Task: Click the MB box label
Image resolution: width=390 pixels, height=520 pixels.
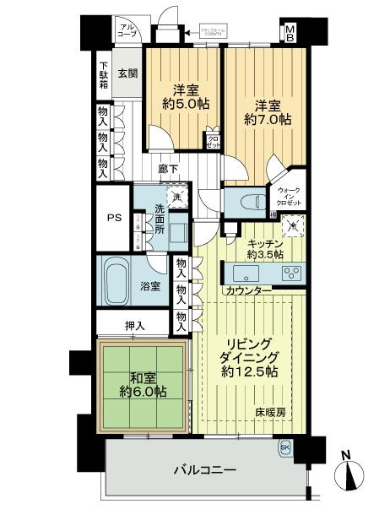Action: (290, 34)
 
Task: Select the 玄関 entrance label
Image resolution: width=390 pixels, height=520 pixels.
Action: (127, 73)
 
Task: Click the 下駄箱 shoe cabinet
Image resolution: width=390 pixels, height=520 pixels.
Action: (103, 76)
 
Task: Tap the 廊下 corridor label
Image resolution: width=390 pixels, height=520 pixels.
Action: (167, 170)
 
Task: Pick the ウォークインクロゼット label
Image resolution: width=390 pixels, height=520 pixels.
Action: (288, 198)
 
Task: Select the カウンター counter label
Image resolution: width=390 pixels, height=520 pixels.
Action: (247, 291)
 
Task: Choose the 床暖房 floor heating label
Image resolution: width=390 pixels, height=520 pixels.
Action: (272, 414)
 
